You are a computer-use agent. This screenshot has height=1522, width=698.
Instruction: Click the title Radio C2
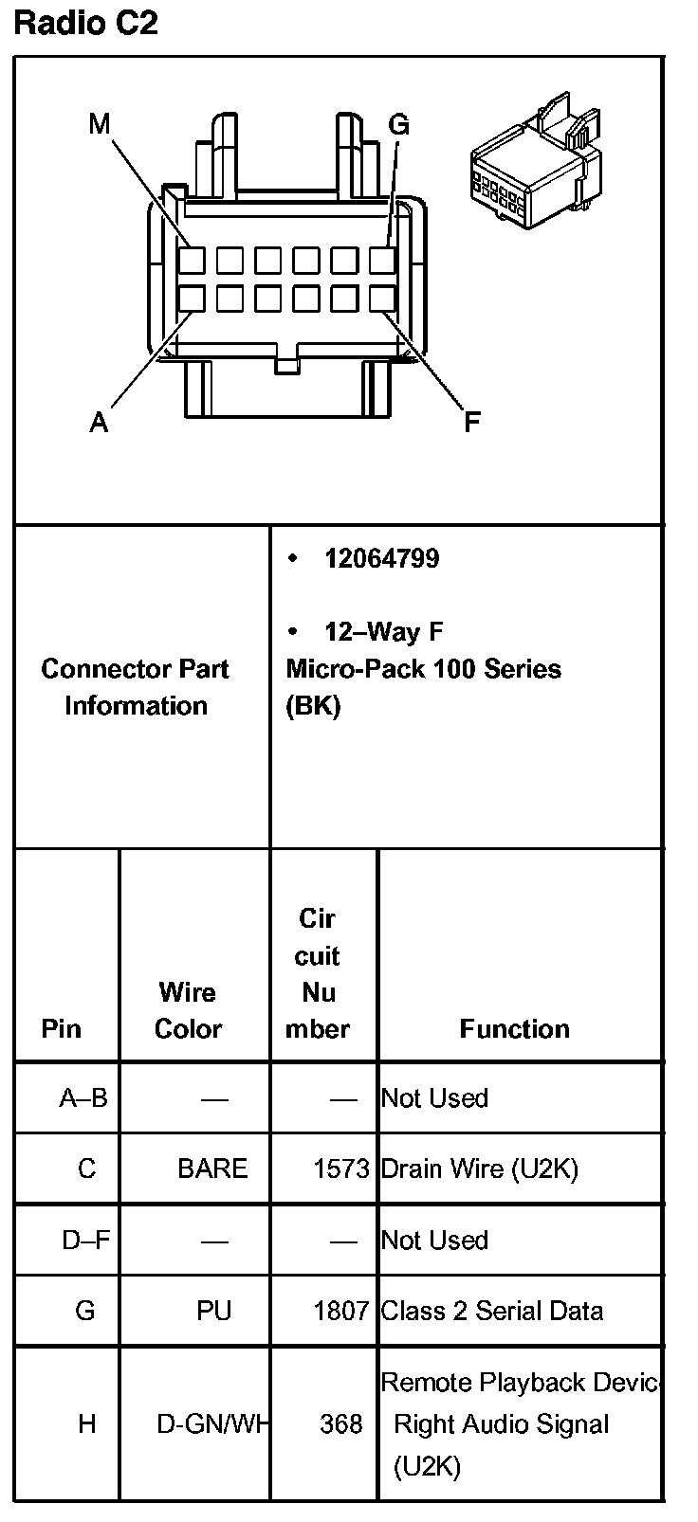[x=85, y=23]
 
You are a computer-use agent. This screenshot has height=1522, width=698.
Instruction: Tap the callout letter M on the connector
[x=100, y=124]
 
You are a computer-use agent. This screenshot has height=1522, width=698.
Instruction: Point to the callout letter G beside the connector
[x=398, y=125]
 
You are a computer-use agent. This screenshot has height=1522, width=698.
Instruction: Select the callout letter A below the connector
[x=99, y=423]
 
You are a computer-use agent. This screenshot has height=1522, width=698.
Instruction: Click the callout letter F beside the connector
[x=471, y=423]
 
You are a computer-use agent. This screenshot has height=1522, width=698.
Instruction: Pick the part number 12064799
[x=381, y=558]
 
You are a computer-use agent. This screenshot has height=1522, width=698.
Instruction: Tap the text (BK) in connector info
[x=313, y=706]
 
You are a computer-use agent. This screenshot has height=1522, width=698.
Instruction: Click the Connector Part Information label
[x=136, y=687]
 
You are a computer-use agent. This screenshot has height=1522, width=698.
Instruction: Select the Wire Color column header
[x=188, y=1010]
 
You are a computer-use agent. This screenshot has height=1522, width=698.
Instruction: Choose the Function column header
[x=514, y=1029]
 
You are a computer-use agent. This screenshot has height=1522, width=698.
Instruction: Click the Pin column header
[x=62, y=1029]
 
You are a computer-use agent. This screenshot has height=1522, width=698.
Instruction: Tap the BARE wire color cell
[x=212, y=1169]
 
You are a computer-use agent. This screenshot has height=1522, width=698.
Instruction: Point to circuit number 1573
[x=340, y=1169]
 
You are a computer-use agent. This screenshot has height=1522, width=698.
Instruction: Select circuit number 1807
[x=340, y=1311]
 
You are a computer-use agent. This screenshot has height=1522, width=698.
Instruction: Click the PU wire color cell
[x=213, y=1311]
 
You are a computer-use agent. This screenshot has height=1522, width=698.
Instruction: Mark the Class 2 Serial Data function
[x=491, y=1311]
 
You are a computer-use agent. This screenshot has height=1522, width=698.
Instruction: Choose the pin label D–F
[x=85, y=1240]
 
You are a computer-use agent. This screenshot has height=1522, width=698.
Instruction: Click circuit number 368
[x=340, y=1423]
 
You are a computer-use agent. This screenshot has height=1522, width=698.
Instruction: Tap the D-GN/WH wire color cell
[x=212, y=1423]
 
